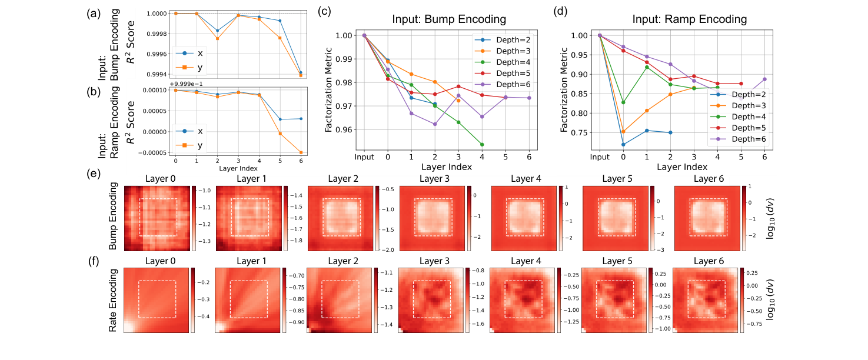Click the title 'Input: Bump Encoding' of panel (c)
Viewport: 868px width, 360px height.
[449, 19]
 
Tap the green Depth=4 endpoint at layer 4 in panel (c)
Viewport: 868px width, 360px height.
[482, 144]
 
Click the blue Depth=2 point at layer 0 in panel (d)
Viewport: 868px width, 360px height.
[623, 145]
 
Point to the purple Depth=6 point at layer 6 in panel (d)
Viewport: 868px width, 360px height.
[764, 79]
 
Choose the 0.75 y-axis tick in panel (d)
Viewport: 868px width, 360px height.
[579, 133]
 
